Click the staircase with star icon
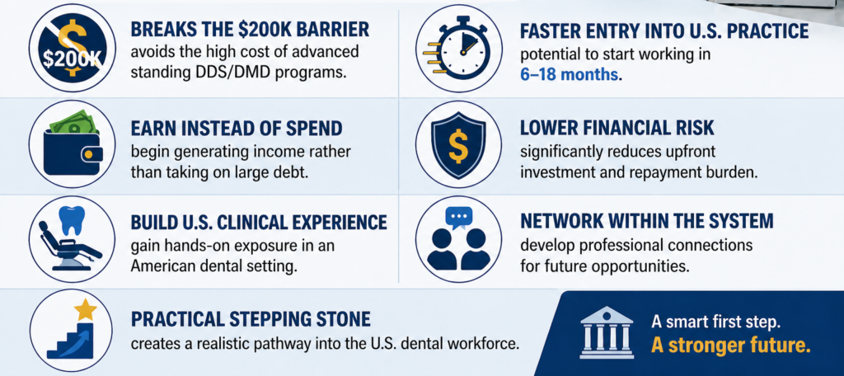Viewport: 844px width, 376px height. click(72, 330)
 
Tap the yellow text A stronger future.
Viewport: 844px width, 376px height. click(730, 345)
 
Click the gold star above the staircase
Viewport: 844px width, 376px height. click(85, 310)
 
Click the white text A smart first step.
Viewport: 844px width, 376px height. click(717, 321)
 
